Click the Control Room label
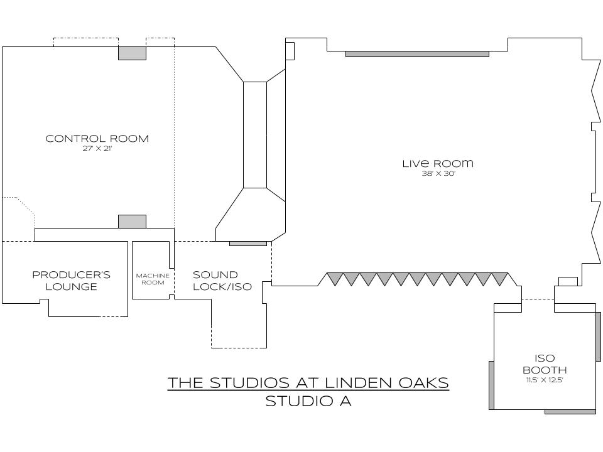pos(97,139)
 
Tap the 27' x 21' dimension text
pos(97,149)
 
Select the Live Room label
pos(438,164)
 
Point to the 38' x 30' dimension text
pos(438,174)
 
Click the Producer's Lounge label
pos(71,281)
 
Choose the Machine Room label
pos(153,279)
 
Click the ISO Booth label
pos(545,364)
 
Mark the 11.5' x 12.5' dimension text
pos(545,380)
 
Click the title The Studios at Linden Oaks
pos(308,382)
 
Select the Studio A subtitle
pos(308,401)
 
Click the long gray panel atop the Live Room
pos(417,54)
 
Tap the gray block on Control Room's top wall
pos(132,53)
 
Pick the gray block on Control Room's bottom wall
pos(132,221)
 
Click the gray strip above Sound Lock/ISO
pos(247,244)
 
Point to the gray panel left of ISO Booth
pos(491,385)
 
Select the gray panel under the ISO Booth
pos(570,412)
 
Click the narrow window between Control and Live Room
pos(255,134)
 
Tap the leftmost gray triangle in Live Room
pos(335,277)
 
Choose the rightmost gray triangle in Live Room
pos(499,277)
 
